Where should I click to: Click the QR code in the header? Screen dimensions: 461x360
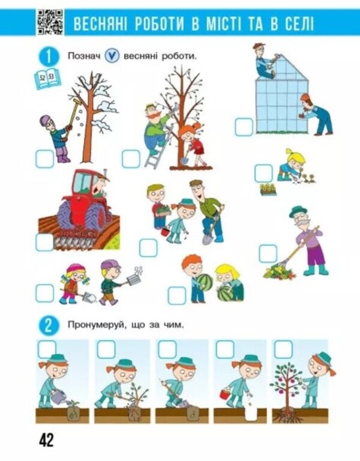tap(50, 22)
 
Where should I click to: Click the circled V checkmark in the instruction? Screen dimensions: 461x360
tap(112, 56)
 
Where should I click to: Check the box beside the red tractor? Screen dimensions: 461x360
tap(44, 241)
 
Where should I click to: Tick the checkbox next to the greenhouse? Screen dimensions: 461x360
tap(244, 127)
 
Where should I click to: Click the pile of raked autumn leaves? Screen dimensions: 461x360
tap(279, 272)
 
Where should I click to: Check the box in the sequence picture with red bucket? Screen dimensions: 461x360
tap(225, 349)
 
